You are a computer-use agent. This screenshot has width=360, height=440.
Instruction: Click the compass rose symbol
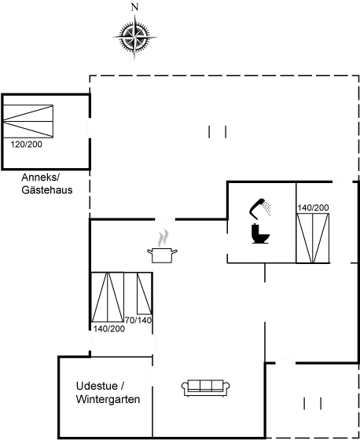(134, 37)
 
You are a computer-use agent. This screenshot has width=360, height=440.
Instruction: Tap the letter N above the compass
(134, 7)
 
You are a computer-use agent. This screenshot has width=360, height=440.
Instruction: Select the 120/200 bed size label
(27, 145)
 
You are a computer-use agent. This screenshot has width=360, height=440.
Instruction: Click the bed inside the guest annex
(28, 121)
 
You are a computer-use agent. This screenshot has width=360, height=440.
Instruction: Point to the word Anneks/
(41, 178)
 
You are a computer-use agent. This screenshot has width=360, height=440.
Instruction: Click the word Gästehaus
(47, 190)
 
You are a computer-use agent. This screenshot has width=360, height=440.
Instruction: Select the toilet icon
(260, 233)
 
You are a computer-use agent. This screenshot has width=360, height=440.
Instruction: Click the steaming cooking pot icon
(162, 255)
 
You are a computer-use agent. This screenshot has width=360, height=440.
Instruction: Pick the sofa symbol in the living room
(206, 388)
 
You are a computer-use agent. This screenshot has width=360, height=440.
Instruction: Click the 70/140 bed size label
(138, 320)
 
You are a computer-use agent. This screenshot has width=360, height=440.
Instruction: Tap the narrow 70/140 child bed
(145, 293)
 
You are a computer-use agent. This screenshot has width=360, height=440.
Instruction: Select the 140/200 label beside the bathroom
(313, 207)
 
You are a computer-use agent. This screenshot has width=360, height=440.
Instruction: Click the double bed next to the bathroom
(313, 238)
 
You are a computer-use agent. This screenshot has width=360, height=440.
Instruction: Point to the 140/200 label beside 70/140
(109, 328)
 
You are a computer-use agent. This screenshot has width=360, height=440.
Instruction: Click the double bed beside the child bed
(108, 297)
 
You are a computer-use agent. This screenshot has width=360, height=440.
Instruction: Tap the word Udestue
(97, 386)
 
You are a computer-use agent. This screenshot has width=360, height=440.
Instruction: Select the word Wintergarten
(108, 399)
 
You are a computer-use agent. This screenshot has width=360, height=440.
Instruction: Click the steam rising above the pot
(163, 238)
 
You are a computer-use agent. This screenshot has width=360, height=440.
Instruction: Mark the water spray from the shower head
(266, 208)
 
